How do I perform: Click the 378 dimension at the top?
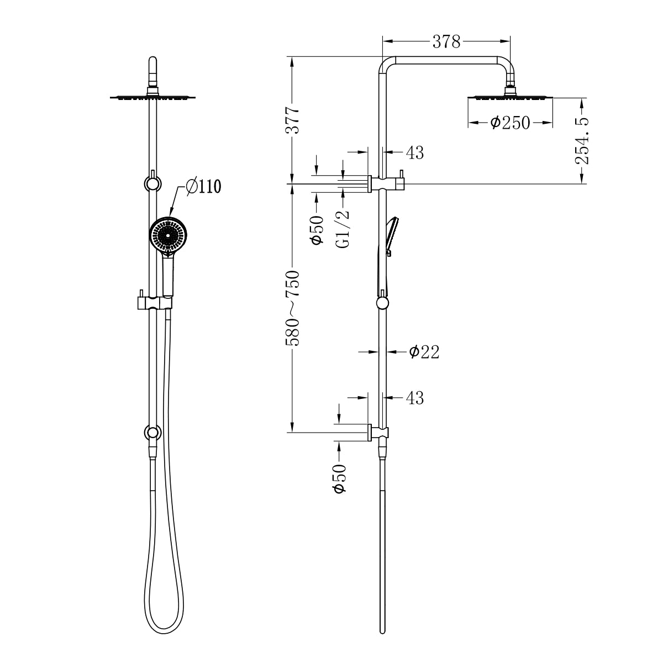pyautogui.click(x=446, y=41)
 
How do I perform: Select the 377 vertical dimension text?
pyautogui.click(x=293, y=120)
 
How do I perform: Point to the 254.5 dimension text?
pyautogui.click(x=582, y=140)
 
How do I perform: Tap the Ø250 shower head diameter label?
pyautogui.click(x=510, y=123)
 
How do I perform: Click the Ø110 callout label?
pyautogui.click(x=203, y=187)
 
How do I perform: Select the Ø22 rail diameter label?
pyautogui.click(x=424, y=352)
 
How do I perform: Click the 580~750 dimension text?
pyautogui.click(x=293, y=308)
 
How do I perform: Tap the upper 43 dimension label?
pyautogui.click(x=414, y=153)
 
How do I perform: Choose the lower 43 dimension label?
pyautogui.click(x=414, y=398)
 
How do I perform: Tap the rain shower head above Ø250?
pyautogui.click(x=511, y=97)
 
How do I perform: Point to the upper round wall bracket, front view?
pyautogui.click(x=152, y=182)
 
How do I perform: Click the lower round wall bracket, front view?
pyautogui.click(x=152, y=432)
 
